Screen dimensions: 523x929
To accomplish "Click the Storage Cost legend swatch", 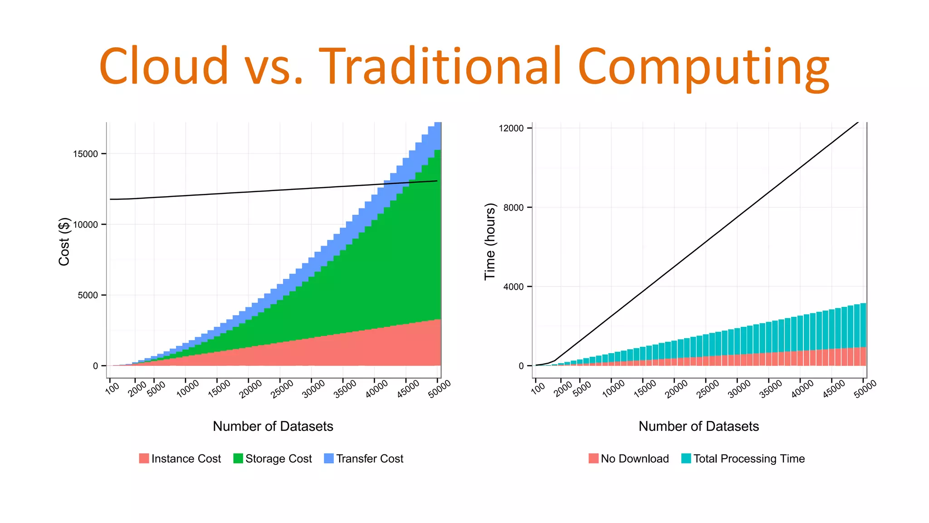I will click(x=238, y=459).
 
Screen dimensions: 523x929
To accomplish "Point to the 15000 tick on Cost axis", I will click(x=85, y=154).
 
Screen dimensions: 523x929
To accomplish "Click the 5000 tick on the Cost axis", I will click(x=88, y=295).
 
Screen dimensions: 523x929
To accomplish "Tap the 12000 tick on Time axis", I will click(x=511, y=128).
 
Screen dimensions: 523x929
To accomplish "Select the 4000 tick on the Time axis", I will click(x=513, y=286).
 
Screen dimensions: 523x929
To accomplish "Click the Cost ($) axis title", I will click(x=64, y=242).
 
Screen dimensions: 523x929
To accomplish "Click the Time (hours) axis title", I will click(x=490, y=242).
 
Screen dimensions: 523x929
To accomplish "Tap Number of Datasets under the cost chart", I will click(x=273, y=426).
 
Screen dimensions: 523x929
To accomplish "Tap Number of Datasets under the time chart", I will click(x=699, y=426).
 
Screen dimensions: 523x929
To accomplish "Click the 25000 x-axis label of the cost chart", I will click(x=283, y=389).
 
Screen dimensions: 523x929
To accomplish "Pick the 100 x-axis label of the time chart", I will click(x=538, y=388).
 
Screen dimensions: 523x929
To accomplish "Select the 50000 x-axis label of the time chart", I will click(x=865, y=389).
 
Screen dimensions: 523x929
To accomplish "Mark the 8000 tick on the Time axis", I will click(x=513, y=207).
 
